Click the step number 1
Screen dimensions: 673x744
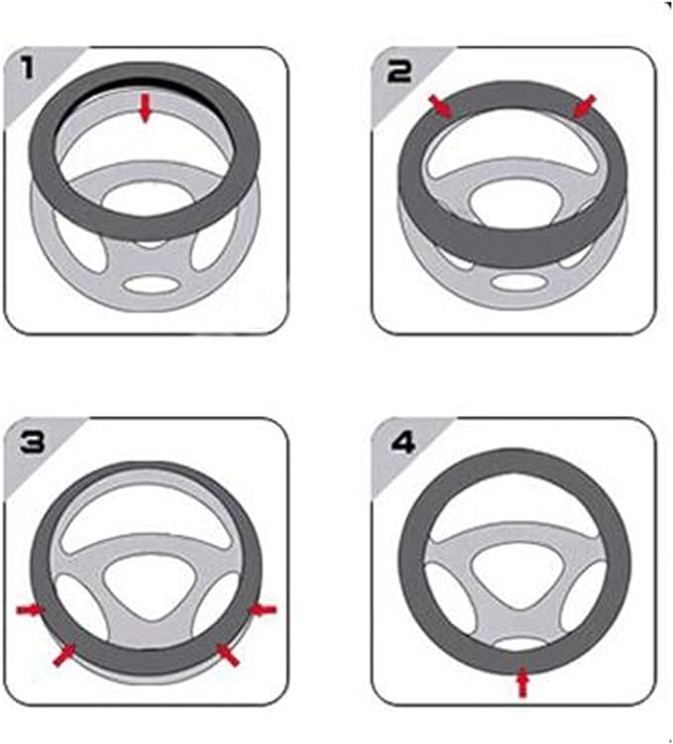28,66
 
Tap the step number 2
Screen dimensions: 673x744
399,72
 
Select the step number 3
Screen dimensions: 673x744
33,442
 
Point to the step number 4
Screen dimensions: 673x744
403,443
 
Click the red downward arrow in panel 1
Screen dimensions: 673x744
146,108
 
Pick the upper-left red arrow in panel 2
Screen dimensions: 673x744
441,106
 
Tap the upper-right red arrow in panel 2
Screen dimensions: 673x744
584,105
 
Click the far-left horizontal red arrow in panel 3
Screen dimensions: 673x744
31,609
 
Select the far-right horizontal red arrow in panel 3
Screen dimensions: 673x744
263,609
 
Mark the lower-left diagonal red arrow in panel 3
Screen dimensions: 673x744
64,655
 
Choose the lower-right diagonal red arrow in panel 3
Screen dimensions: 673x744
227,654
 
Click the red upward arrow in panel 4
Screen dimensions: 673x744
522,682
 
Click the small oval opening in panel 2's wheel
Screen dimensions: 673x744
519,281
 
